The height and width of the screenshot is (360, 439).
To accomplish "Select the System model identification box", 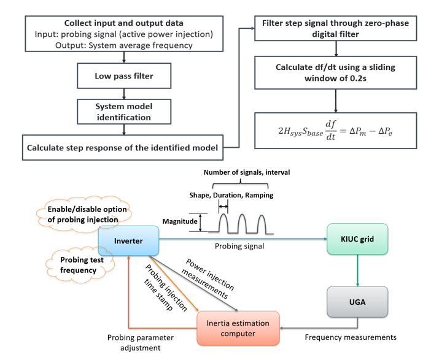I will pos(125,111).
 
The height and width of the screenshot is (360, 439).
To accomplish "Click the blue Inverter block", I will pos(128,241).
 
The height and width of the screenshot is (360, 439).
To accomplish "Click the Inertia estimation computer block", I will pos(238,327).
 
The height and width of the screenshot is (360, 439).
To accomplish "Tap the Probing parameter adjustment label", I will pos(143,342).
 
